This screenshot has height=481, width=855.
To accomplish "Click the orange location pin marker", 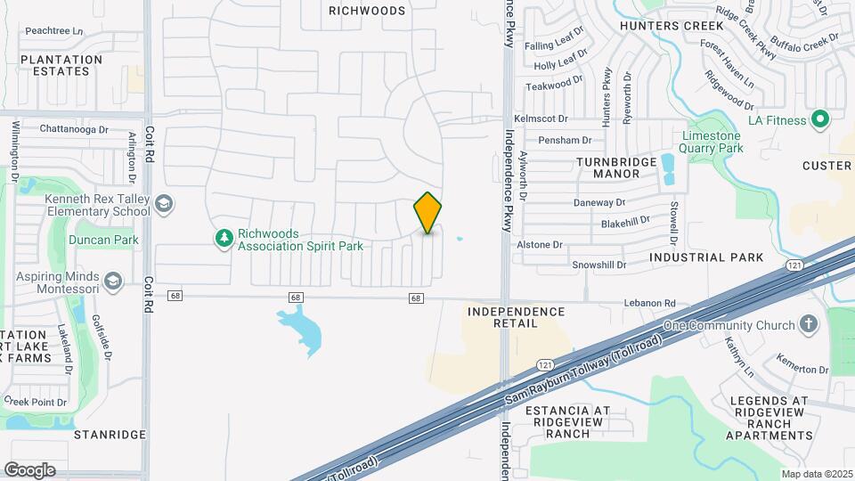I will pos(427,213).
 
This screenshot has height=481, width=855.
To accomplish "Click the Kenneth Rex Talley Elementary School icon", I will pos(163,205).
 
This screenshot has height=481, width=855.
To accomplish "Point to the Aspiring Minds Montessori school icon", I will pos(113,282).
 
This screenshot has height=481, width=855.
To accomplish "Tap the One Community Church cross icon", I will pos(809,324).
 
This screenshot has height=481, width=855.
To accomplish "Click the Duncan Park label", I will pos(106,240).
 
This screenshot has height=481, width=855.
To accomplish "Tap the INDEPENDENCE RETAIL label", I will pos(516,317).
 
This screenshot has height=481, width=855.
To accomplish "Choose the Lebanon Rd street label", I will pos(682,304).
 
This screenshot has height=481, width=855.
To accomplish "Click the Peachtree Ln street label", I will pos(53,31).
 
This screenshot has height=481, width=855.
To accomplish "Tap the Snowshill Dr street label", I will pos(598,265).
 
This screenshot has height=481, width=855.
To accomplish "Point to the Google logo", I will pos(29,469).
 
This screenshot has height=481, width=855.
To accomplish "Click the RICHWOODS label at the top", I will pos(367,11).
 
